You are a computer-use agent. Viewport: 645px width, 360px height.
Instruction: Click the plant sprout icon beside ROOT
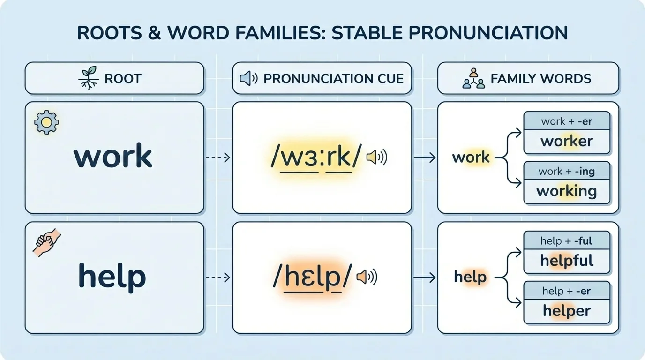coord(88,78)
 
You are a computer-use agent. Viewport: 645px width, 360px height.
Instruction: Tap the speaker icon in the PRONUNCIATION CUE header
coord(248,78)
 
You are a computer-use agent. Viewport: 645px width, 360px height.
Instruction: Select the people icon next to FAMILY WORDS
coord(473,78)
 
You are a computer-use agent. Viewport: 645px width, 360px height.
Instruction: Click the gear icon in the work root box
coord(46,122)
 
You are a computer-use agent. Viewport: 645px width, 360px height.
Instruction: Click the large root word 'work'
coord(113,157)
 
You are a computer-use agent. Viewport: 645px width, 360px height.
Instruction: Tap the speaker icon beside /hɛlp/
coord(367,277)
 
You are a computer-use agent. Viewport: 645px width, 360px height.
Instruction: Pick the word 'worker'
coord(567,141)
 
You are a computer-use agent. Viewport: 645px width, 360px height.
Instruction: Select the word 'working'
coord(566,191)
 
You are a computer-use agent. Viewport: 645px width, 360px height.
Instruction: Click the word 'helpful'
coord(567,261)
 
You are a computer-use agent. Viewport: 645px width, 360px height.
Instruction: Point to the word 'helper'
coord(567,310)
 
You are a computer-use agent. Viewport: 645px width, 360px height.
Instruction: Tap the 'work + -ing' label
coord(567,171)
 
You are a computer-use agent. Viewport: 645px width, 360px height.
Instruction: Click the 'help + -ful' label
coord(566,241)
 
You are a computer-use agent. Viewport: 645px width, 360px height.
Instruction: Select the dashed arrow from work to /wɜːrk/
coord(218,158)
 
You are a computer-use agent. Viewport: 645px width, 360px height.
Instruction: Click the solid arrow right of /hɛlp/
coord(425,277)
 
